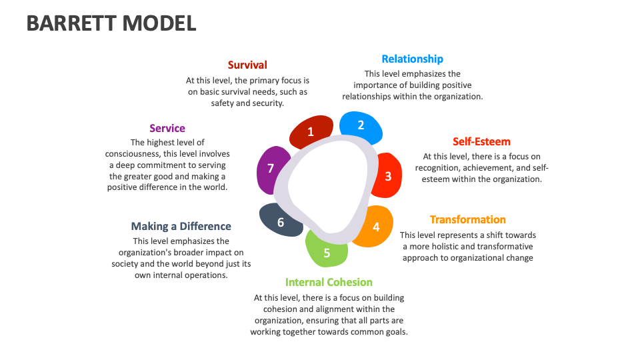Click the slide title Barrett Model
click(111, 23)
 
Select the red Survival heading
click(247, 65)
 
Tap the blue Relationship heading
click(412, 59)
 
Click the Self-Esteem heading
click(481, 141)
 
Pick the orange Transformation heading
click(467, 219)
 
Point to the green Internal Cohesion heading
click(329, 282)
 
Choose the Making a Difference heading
click(181, 226)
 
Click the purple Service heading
click(167, 128)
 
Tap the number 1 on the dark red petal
click(311, 131)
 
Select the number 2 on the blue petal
click(361, 125)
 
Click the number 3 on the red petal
click(388, 176)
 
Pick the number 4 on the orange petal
click(376, 227)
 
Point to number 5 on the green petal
click(327, 253)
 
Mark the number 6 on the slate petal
click(281, 222)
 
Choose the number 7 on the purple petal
click(271, 168)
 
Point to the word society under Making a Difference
click(127, 263)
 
